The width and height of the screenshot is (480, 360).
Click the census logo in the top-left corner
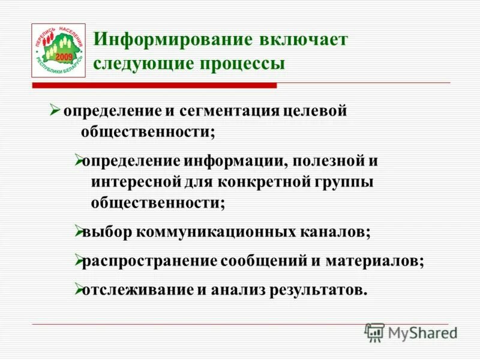58,50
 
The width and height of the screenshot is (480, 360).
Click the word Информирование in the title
173,40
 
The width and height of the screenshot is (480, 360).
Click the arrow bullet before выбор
78,231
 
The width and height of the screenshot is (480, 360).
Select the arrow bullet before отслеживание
78,289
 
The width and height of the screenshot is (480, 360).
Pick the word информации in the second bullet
229,161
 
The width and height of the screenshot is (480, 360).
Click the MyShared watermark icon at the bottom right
374,332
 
